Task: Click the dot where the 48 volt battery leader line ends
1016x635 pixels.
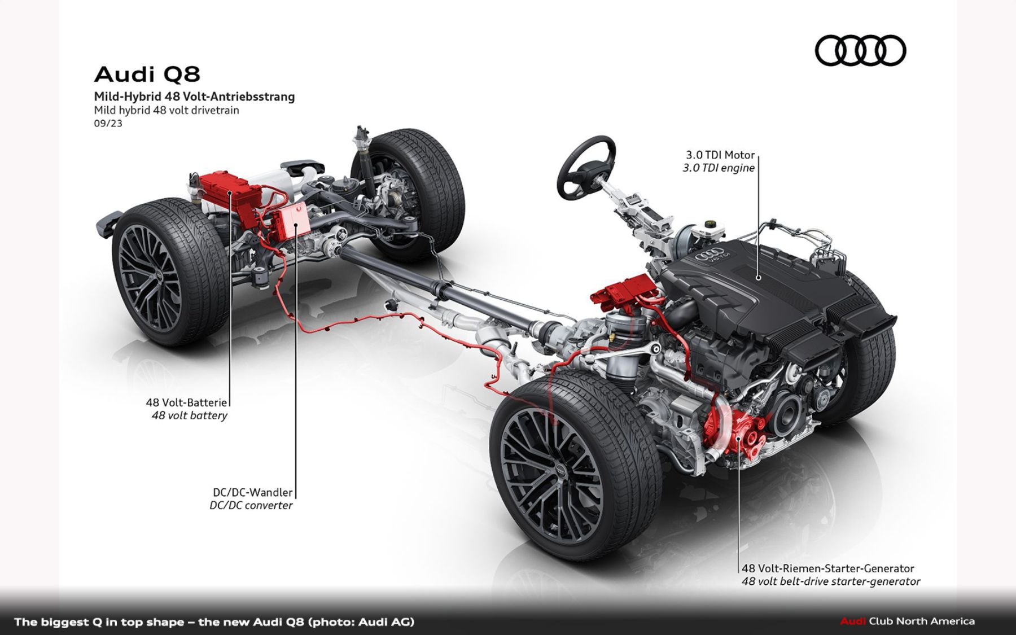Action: click(230, 193)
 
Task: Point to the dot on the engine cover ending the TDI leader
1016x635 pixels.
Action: click(758, 277)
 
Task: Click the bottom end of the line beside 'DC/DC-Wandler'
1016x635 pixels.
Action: click(296, 497)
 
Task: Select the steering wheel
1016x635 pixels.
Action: click(586, 167)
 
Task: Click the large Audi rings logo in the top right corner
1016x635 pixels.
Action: click(860, 50)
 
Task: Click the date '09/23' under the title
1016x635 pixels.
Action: click(108, 123)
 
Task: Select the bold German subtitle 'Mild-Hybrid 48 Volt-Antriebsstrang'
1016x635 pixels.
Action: click(194, 97)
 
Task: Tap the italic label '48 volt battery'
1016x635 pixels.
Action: click(189, 415)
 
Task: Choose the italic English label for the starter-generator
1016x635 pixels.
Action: click(831, 581)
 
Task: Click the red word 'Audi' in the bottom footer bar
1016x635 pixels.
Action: click(853, 621)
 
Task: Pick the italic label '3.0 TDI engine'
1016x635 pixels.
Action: click(719, 168)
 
